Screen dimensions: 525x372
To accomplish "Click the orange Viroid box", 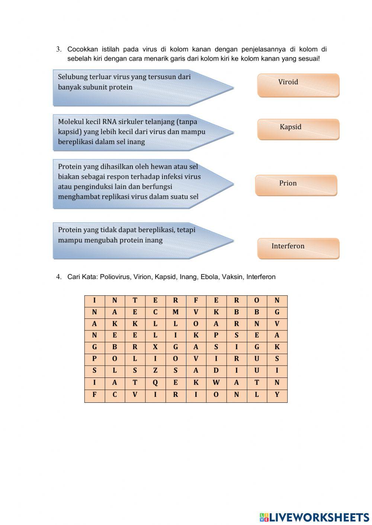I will [298, 85].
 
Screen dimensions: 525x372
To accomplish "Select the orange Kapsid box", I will [298, 129].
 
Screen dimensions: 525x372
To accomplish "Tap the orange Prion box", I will [296, 185].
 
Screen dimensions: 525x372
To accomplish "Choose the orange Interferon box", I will [298, 248].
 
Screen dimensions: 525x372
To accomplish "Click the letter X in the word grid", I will [155, 347].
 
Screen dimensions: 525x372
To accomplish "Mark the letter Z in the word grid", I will [155, 371].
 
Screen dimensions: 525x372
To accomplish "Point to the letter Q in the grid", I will [155, 383].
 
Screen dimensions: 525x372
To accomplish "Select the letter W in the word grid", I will [216, 383].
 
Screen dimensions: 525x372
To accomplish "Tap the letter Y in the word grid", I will [277, 395].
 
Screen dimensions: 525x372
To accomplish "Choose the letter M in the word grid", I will [176, 312].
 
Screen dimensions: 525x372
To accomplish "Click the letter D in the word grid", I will [216, 371].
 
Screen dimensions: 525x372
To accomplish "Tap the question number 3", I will [58, 49].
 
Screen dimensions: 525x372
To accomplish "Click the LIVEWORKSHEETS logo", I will [314, 517].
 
